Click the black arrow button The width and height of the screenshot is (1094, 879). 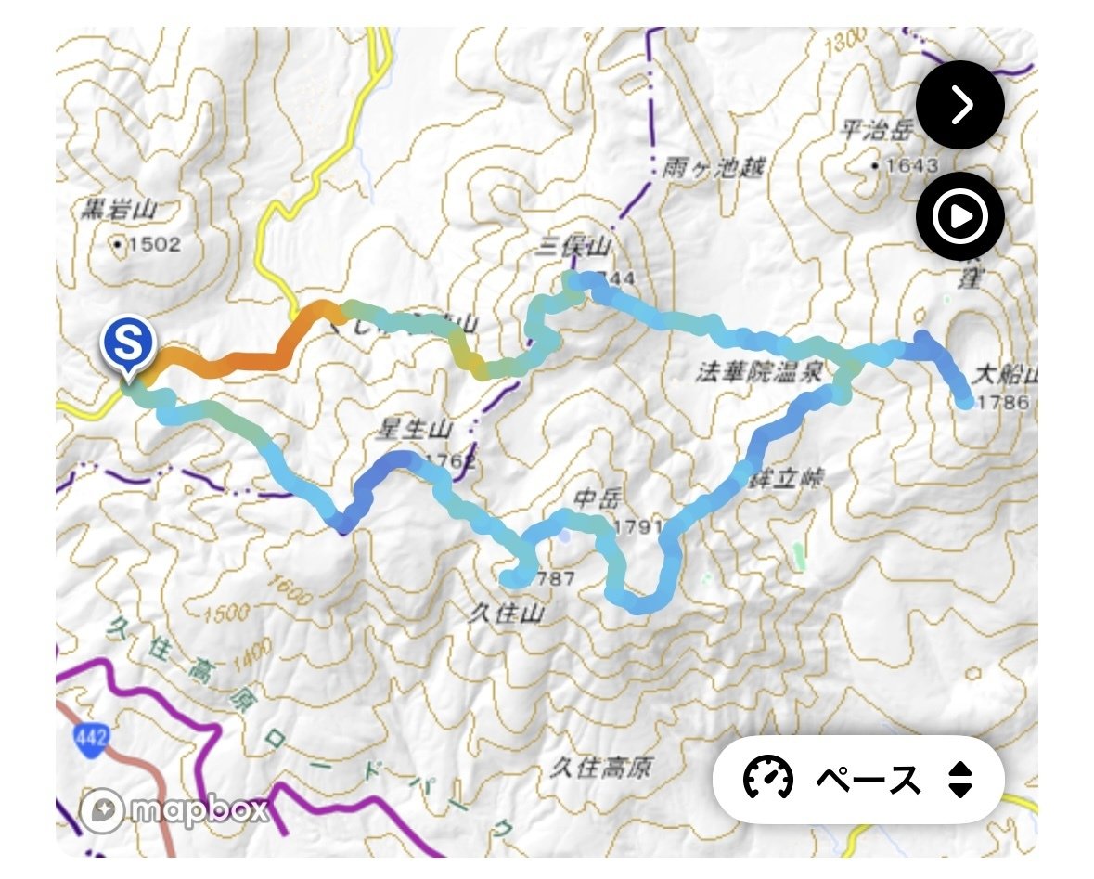point(959,105)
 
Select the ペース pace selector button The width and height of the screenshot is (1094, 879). point(858,780)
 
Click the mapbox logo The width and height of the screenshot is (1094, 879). point(175,810)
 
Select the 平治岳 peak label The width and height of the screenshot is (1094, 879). point(871,130)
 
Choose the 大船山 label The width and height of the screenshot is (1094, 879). point(1005,377)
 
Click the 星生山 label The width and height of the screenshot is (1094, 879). point(414,430)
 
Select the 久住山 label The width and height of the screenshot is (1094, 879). point(506,614)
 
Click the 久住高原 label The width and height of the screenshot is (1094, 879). point(600,768)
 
